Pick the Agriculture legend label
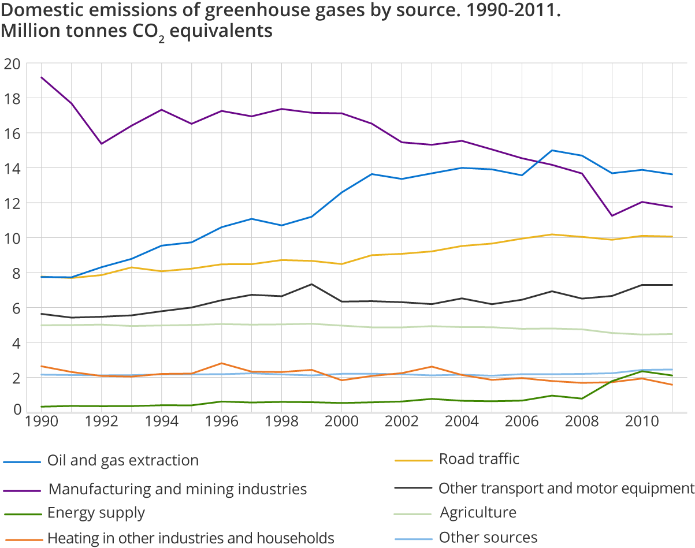[478, 512]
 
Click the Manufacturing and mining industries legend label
[177, 489]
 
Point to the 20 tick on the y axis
[12, 64]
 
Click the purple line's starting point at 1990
[41, 77]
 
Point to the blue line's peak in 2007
[552, 150]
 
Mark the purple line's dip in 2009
[612, 216]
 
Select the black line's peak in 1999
[311, 284]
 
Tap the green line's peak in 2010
[642, 371]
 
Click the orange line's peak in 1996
[221, 363]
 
